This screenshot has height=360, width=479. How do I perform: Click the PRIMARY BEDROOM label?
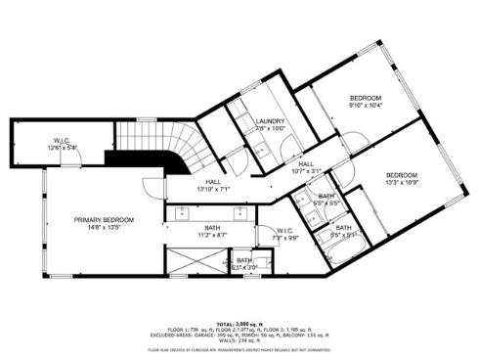click(x=104, y=220)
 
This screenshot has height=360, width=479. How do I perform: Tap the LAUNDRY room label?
click(x=269, y=120)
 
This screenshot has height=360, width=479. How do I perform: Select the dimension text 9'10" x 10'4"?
click(x=366, y=106)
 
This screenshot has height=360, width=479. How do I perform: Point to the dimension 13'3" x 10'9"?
click(x=401, y=181)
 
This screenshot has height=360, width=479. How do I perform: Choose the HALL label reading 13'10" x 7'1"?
click(x=213, y=188)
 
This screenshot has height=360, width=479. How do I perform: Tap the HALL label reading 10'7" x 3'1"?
click(x=306, y=171)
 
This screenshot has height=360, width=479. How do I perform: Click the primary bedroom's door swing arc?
click(x=150, y=192)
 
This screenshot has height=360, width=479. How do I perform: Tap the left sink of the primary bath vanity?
click(x=183, y=210)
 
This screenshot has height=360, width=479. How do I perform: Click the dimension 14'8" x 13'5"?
click(x=104, y=228)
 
